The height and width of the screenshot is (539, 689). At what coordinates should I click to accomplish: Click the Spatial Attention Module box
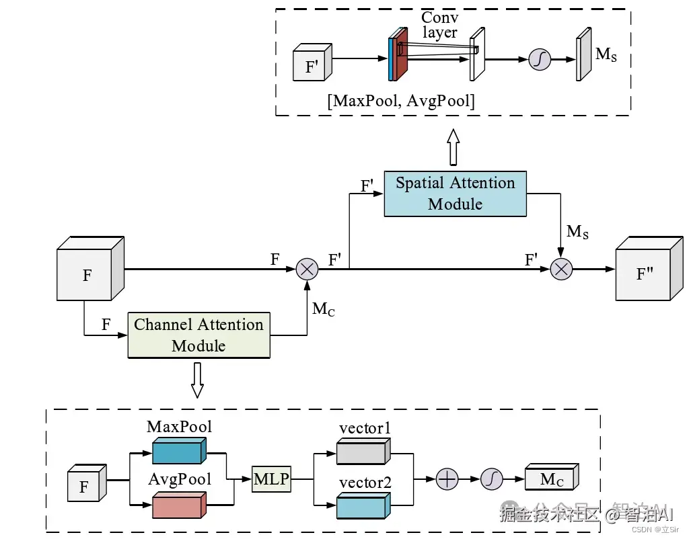coord(455,194)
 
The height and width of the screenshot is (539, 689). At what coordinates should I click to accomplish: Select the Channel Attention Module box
coord(198,335)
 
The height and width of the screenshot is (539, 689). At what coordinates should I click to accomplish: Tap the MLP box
coord(271,479)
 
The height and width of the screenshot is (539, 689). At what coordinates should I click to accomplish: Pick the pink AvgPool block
coord(178,505)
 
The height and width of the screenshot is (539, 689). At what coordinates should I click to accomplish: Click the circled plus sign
coord(447,479)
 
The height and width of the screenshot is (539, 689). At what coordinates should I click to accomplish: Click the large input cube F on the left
coord(88,273)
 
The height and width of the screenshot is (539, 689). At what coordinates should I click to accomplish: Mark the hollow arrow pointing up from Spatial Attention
coord(453,147)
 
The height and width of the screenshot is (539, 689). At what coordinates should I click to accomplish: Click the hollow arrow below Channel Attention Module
coord(197,380)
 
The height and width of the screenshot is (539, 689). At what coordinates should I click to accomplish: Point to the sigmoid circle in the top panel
coord(539,60)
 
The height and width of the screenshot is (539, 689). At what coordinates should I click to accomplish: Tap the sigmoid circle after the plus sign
coord(492,479)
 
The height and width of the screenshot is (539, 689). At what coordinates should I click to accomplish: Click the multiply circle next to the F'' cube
coord(560,269)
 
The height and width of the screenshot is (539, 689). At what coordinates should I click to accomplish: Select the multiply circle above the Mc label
coord(307,269)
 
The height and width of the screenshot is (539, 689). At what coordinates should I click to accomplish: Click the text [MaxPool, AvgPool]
coord(401,101)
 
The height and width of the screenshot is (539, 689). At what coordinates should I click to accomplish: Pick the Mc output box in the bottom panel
coord(550,479)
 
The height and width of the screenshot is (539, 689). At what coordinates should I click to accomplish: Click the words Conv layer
coord(439,25)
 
